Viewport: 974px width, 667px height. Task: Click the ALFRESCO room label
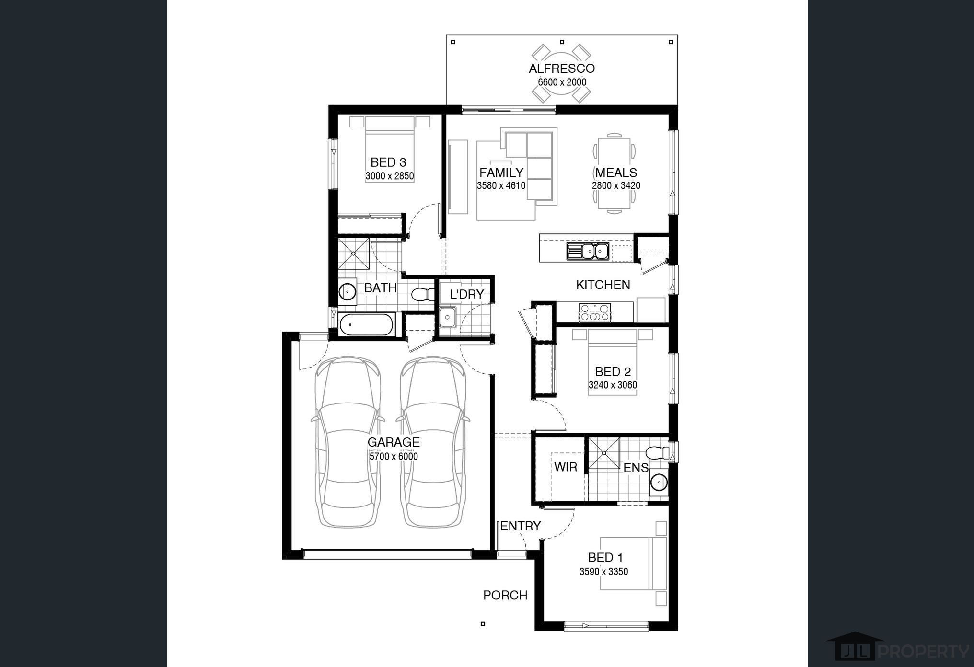(562, 69)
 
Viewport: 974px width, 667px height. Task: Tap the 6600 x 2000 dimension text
(562, 82)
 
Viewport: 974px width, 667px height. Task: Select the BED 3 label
(388, 162)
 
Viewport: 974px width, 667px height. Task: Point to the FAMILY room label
(501, 172)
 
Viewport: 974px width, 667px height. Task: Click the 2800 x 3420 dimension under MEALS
(616, 185)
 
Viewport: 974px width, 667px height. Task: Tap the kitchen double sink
(588, 251)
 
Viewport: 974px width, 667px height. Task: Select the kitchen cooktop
(594, 312)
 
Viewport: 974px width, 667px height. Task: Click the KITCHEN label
(603, 285)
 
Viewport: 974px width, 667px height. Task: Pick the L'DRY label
(467, 294)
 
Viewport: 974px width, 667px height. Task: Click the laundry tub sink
(448, 317)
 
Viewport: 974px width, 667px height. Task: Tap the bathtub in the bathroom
(367, 325)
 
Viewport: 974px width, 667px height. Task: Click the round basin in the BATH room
(347, 291)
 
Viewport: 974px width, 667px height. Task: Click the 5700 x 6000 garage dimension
(394, 457)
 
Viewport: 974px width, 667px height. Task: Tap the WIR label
(566, 467)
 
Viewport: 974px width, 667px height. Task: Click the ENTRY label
(521, 526)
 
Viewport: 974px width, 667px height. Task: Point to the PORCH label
(505, 595)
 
